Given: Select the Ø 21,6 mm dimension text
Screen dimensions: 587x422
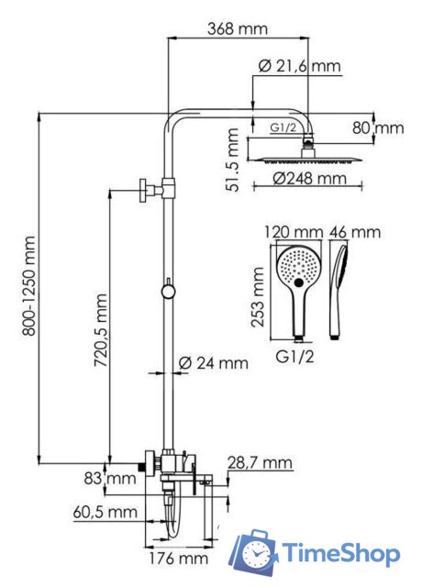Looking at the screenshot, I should point(299,66).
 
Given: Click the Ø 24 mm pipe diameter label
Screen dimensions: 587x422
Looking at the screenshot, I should point(214,362).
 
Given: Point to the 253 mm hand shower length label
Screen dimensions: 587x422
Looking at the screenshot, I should point(260,293).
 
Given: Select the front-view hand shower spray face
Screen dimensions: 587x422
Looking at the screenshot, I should point(297,267).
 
